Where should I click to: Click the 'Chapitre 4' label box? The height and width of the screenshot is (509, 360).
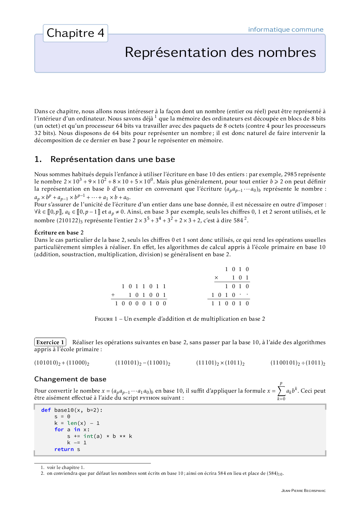tap(75, 33)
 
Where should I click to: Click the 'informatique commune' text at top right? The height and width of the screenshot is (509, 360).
tap(285, 30)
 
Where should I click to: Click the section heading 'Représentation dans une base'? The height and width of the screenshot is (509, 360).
tap(113, 159)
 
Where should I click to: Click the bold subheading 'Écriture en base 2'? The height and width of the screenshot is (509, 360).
tap(59, 232)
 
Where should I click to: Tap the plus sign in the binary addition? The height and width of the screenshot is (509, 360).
tap(113, 295)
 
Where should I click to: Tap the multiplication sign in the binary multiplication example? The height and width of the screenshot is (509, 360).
tap(216, 278)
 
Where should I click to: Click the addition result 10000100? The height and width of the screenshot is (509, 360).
tap(141, 304)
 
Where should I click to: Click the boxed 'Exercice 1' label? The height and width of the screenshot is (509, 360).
tap(50, 342)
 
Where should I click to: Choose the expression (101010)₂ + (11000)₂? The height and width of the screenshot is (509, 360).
tap(62, 363)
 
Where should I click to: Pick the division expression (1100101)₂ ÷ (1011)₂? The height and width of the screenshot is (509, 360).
tap(298, 363)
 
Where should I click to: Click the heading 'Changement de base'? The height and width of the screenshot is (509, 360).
tap(70, 379)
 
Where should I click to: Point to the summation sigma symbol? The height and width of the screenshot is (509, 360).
tap(281, 391)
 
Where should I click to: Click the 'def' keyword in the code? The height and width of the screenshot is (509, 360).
tap(46, 410)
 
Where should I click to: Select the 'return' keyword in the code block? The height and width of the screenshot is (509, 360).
tap(64, 449)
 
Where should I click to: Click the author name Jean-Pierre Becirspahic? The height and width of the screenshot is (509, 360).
tap(303, 491)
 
